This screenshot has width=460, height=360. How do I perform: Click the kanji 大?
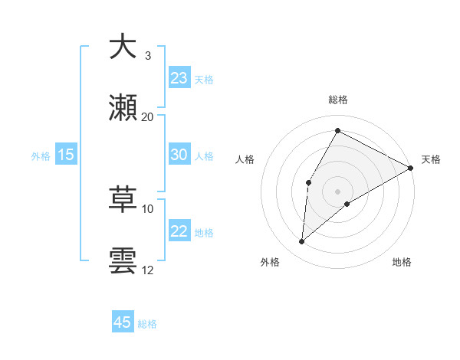point(123,47)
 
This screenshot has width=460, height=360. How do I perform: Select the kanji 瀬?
point(123,108)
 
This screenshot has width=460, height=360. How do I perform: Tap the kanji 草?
point(123,200)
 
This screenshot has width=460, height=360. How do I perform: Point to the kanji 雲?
point(123,260)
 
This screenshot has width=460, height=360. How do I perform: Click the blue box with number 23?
point(179,78)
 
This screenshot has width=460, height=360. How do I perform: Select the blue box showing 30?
point(179,155)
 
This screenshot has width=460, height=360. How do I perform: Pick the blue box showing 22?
point(179,232)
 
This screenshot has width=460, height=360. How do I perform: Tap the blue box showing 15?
point(66,155)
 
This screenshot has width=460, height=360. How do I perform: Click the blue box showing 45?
point(123,322)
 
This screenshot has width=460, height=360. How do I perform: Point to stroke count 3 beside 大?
point(147,56)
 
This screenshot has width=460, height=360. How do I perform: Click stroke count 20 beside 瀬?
point(147,116)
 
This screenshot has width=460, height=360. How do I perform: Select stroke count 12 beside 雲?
point(147,270)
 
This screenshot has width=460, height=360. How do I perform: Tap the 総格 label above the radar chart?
point(338,100)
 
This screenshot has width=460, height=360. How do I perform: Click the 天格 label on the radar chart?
point(431,159)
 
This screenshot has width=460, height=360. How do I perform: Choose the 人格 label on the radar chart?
point(245,159)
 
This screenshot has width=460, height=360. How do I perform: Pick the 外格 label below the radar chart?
point(270,262)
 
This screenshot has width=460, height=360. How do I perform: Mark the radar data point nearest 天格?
point(411,168)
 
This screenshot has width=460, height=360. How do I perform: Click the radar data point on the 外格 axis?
point(302,242)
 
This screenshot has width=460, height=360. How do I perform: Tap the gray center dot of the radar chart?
point(338,191)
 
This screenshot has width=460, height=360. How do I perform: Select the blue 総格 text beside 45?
point(147,324)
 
